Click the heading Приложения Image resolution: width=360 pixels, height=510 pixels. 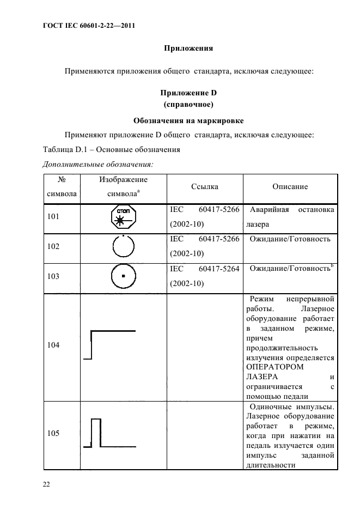188,48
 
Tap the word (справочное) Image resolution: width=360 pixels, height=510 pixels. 188,104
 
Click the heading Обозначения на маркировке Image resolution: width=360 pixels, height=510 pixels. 188,120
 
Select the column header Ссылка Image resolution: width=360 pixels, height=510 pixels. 205,187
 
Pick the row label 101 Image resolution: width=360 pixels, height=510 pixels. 54,216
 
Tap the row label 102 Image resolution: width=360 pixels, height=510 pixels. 54,246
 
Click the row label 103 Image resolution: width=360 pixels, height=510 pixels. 54,276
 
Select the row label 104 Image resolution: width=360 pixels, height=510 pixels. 54,345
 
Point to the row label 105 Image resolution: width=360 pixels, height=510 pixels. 54,434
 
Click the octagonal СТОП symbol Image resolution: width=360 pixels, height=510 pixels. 124,216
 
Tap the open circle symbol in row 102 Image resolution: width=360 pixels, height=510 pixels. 124,247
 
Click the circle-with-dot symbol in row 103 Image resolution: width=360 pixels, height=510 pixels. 124,276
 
